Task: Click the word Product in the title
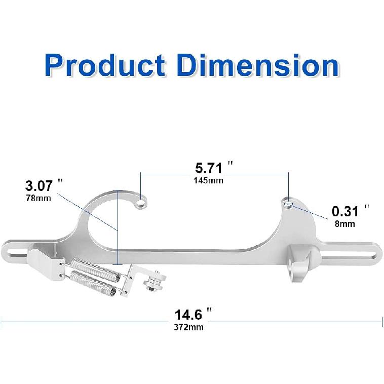[x=105, y=66]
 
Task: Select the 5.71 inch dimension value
[x=209, y=168]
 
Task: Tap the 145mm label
[x=208, y=180]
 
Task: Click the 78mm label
[x=38, y=198]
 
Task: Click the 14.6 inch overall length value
[x=188, y=314]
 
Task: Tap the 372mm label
[x=188, y=327]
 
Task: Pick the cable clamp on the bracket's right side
[x=299, y=262]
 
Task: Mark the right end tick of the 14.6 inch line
[x=381, y=321]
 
